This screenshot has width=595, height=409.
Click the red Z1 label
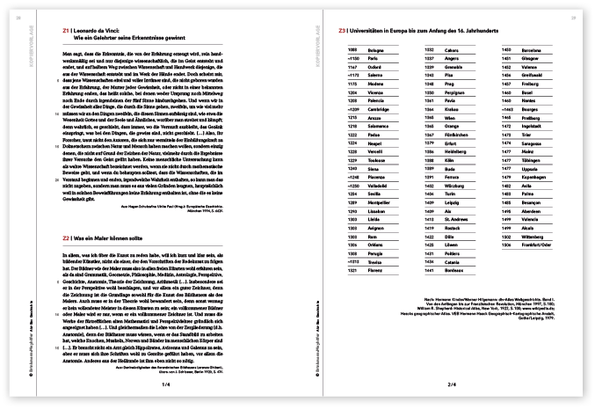pyautogui.click(x=67, y=32)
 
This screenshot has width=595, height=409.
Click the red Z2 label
pyautogui.click(x=67, y=239)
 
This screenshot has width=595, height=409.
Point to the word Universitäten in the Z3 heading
pyautogui.click(x=373, y=32)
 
